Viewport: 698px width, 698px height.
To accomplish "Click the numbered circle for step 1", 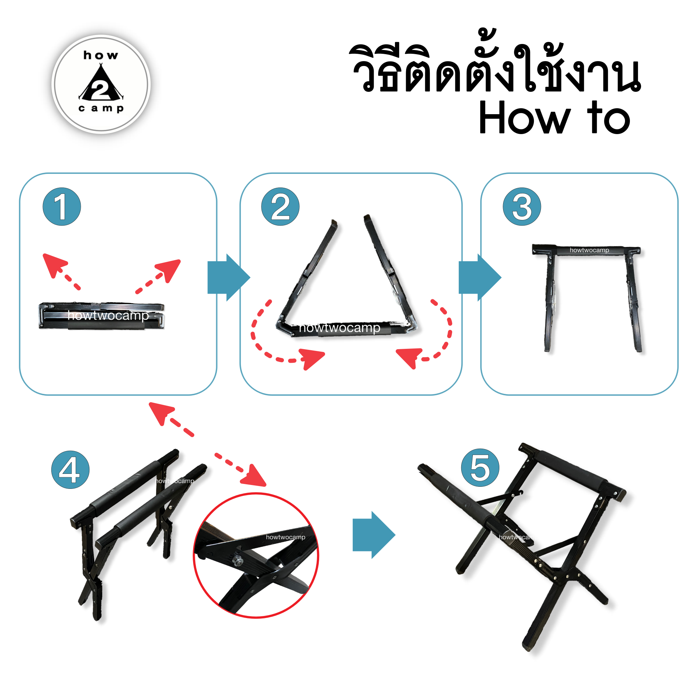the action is (62, 207).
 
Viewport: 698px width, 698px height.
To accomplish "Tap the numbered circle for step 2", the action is (280, 207).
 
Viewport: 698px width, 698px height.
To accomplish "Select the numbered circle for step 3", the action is (522, 207).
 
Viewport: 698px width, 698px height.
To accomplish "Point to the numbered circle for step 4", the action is (71, 470).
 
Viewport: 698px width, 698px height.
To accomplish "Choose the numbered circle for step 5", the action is (480, 468).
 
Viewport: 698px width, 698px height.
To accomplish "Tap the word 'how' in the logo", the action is (101, 55).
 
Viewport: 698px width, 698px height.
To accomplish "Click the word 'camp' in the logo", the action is (101, 108).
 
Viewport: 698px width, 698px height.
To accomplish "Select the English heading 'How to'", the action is (554, 117).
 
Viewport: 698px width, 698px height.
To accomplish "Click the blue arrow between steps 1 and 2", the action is (229, 278).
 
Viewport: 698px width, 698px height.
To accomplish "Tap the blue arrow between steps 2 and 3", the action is (480, 278).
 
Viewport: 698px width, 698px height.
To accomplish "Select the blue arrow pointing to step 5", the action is (374, 535).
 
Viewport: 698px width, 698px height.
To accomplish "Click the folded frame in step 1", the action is (102, 316).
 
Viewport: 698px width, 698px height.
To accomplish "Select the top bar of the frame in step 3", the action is (586, 250).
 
